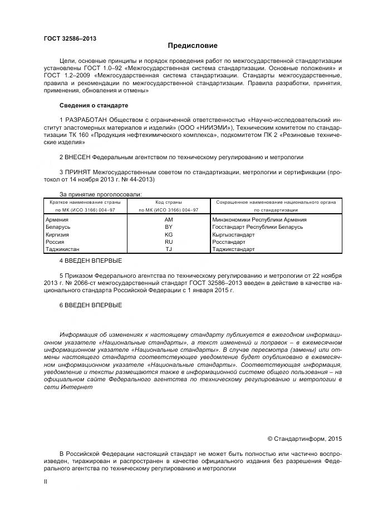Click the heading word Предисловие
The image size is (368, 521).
click(x=193, y=46)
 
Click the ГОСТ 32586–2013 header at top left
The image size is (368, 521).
click(x=70, y=38)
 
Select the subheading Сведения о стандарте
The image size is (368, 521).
click(x=94, y=105)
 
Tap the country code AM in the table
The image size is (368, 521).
click(x=169, y=219)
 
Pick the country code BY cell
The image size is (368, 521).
click(x=169, y=227)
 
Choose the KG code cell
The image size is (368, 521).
click(x=169, y=234)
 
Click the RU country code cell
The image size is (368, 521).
click(x=169, y=242)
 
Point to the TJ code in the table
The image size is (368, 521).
click(x=169, y=249)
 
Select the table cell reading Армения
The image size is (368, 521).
click(x=56, y=219)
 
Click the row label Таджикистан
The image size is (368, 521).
click(x=62, y=249)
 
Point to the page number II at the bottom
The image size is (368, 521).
click(x=46, y=481)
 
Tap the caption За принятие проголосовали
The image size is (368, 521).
click(x=92, y=194)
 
